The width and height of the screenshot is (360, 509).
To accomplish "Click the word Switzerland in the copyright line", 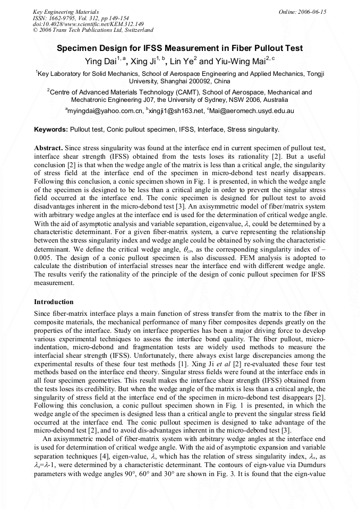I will [x=136, y=30].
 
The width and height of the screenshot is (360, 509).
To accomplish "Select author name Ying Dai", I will [x=100, y=62].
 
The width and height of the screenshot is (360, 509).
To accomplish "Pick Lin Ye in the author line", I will [x=184, y=62].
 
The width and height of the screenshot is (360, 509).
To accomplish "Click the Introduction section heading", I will [x=54, y=301].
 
